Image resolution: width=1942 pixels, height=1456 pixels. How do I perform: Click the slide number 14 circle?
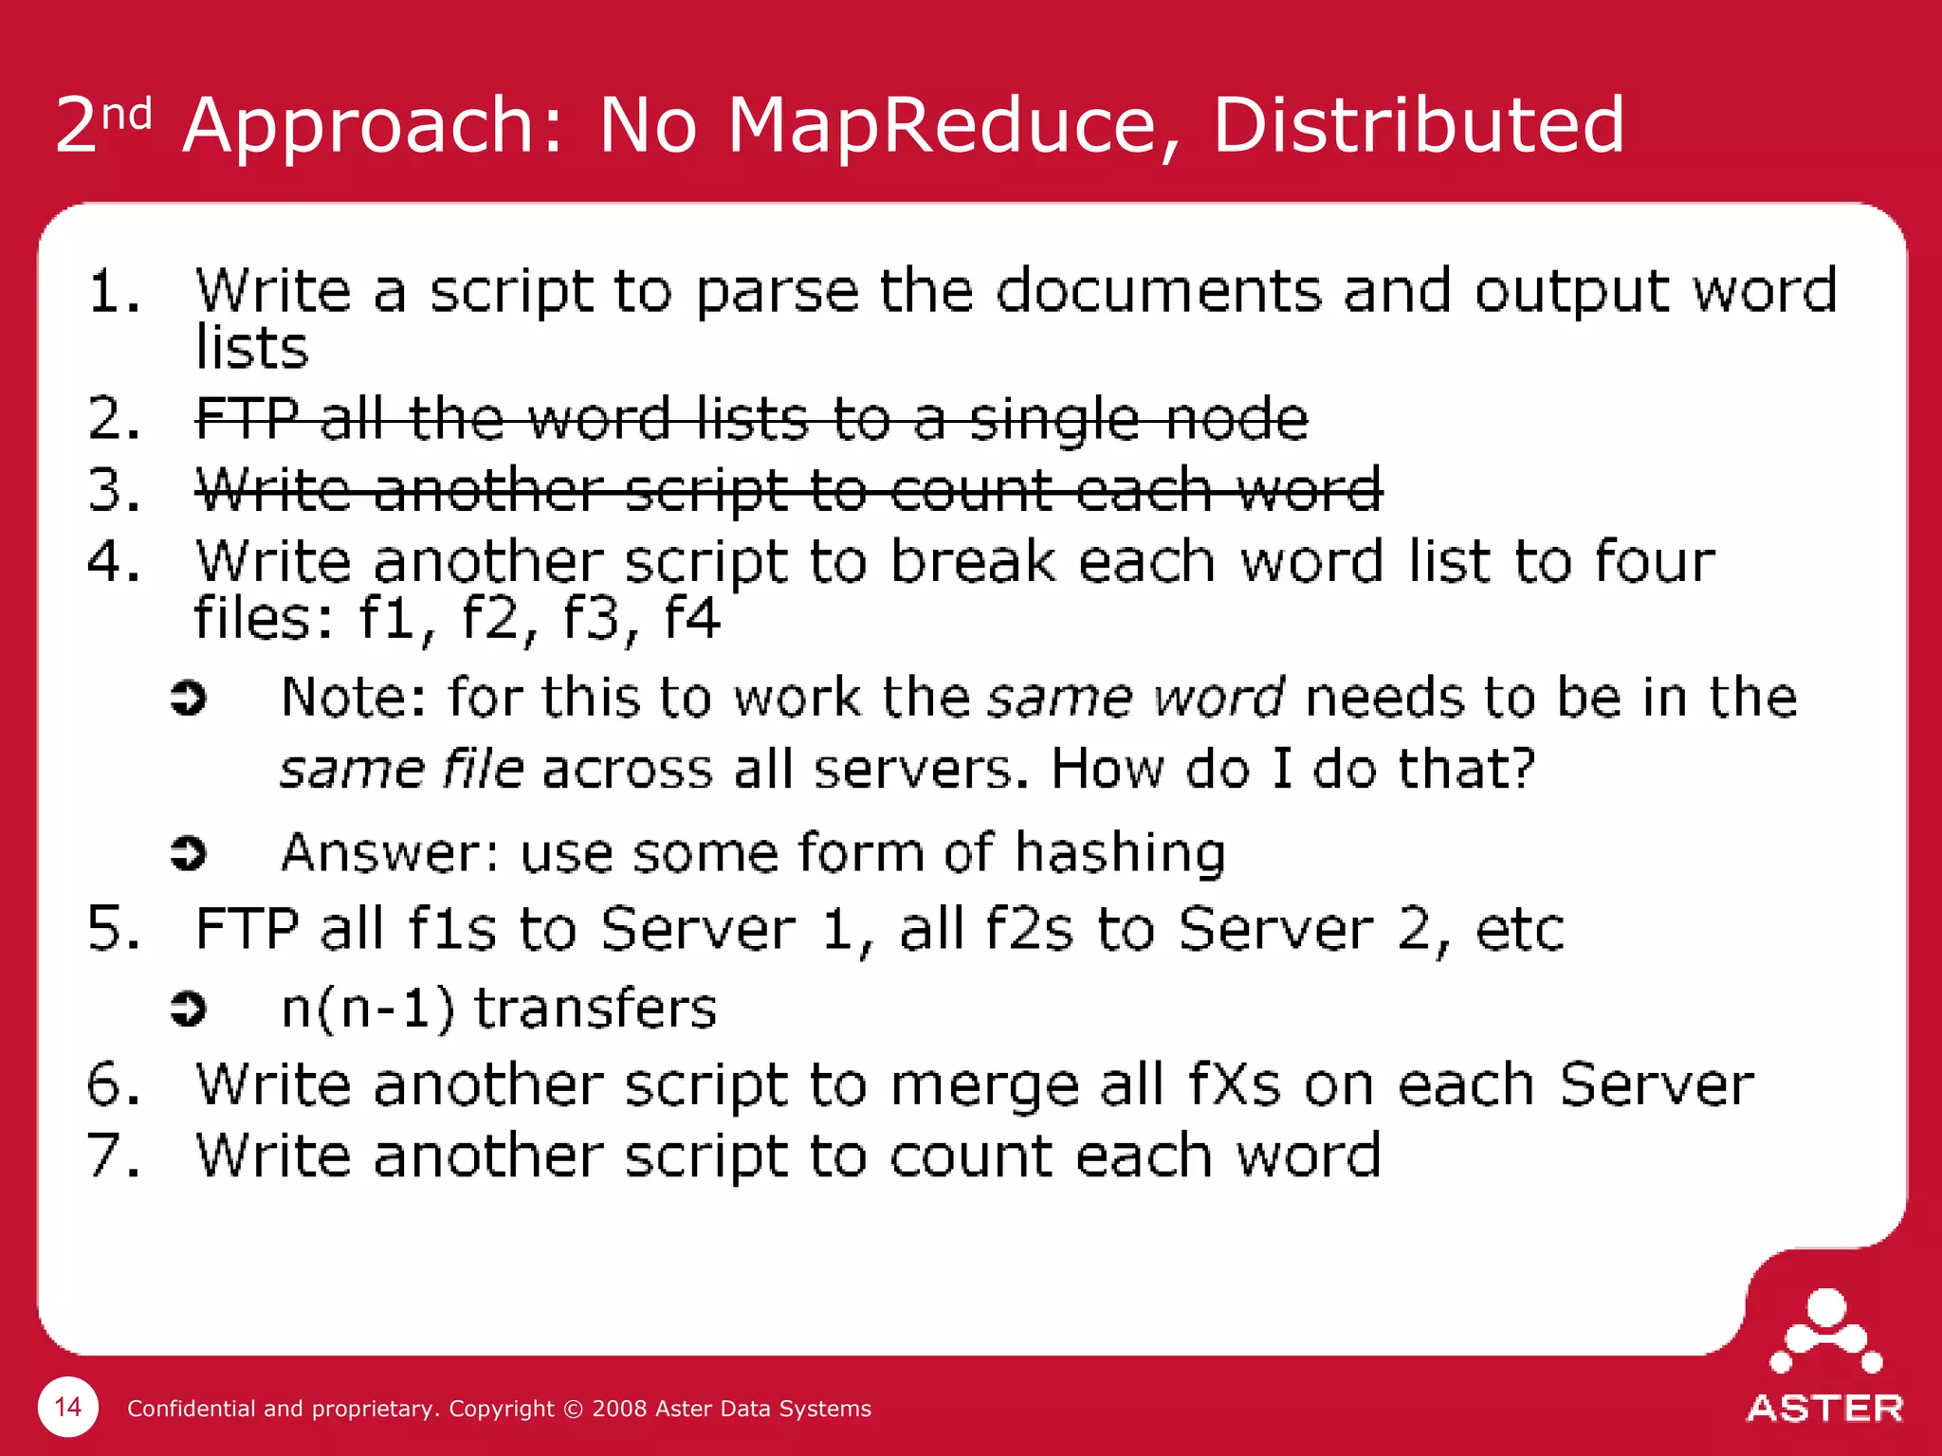[67, 1407]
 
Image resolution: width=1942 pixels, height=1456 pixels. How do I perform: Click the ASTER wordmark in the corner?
[1824, 1409]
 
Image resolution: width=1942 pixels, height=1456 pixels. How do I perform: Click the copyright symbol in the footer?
[573, 1409]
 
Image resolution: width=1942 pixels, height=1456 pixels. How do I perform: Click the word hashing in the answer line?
[1120, 853]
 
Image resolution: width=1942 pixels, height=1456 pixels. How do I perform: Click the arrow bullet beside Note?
[188, 699]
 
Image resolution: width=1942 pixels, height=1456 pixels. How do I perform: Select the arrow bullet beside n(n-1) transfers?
[188, 1009]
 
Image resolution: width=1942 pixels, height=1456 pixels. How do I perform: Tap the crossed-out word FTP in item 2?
[247, 418]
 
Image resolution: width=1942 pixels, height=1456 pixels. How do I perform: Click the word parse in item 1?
[777, 291]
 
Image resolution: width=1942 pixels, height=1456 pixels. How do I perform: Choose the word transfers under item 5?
[595, 1009]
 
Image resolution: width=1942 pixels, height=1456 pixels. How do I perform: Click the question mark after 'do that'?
[1517, 768]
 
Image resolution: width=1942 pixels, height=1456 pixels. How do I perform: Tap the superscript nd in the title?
[127, 116]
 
